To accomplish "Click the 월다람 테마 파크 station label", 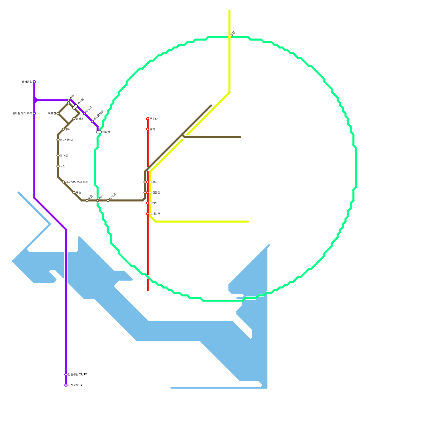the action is click(22, 113).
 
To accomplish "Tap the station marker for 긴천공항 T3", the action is click(66, 385).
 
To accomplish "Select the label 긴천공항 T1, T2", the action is click(77, 375).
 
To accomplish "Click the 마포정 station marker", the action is click(58, 113).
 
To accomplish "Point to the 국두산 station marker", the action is click(148, 119).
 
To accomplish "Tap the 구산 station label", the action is click(63, 166).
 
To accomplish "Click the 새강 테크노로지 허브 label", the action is click(76, 182).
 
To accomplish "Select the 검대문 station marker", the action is click(58, 156).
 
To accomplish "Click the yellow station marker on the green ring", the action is click(229, 37).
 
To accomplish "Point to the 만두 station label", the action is click(155, 203).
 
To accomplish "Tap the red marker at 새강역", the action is click(148, 214).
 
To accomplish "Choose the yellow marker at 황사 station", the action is click(150, 182).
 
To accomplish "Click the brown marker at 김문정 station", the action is click(145, 193).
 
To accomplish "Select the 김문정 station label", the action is click(156, 193).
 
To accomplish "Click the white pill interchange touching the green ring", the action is click(99, 132).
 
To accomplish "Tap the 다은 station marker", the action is click(87, 200).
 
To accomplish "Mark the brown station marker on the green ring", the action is click(98, 200).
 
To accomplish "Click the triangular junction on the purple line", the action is click(36, 100).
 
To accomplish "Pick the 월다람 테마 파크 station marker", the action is click(34, 113).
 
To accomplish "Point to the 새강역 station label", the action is click(156, 214).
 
